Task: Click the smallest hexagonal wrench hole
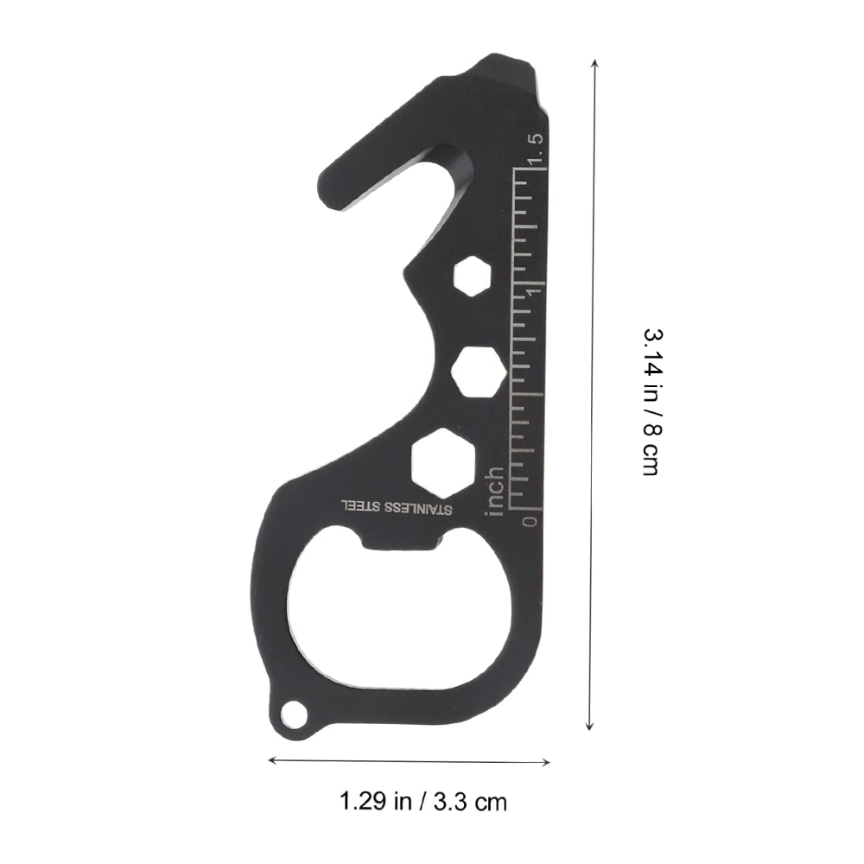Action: [x=473, y=276]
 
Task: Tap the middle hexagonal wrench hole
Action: [x=479, y=372]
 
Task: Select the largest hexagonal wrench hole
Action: [x=443, y=463]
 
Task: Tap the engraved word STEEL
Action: [x=360, y=505]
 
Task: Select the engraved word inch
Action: [x=494, y=492]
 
